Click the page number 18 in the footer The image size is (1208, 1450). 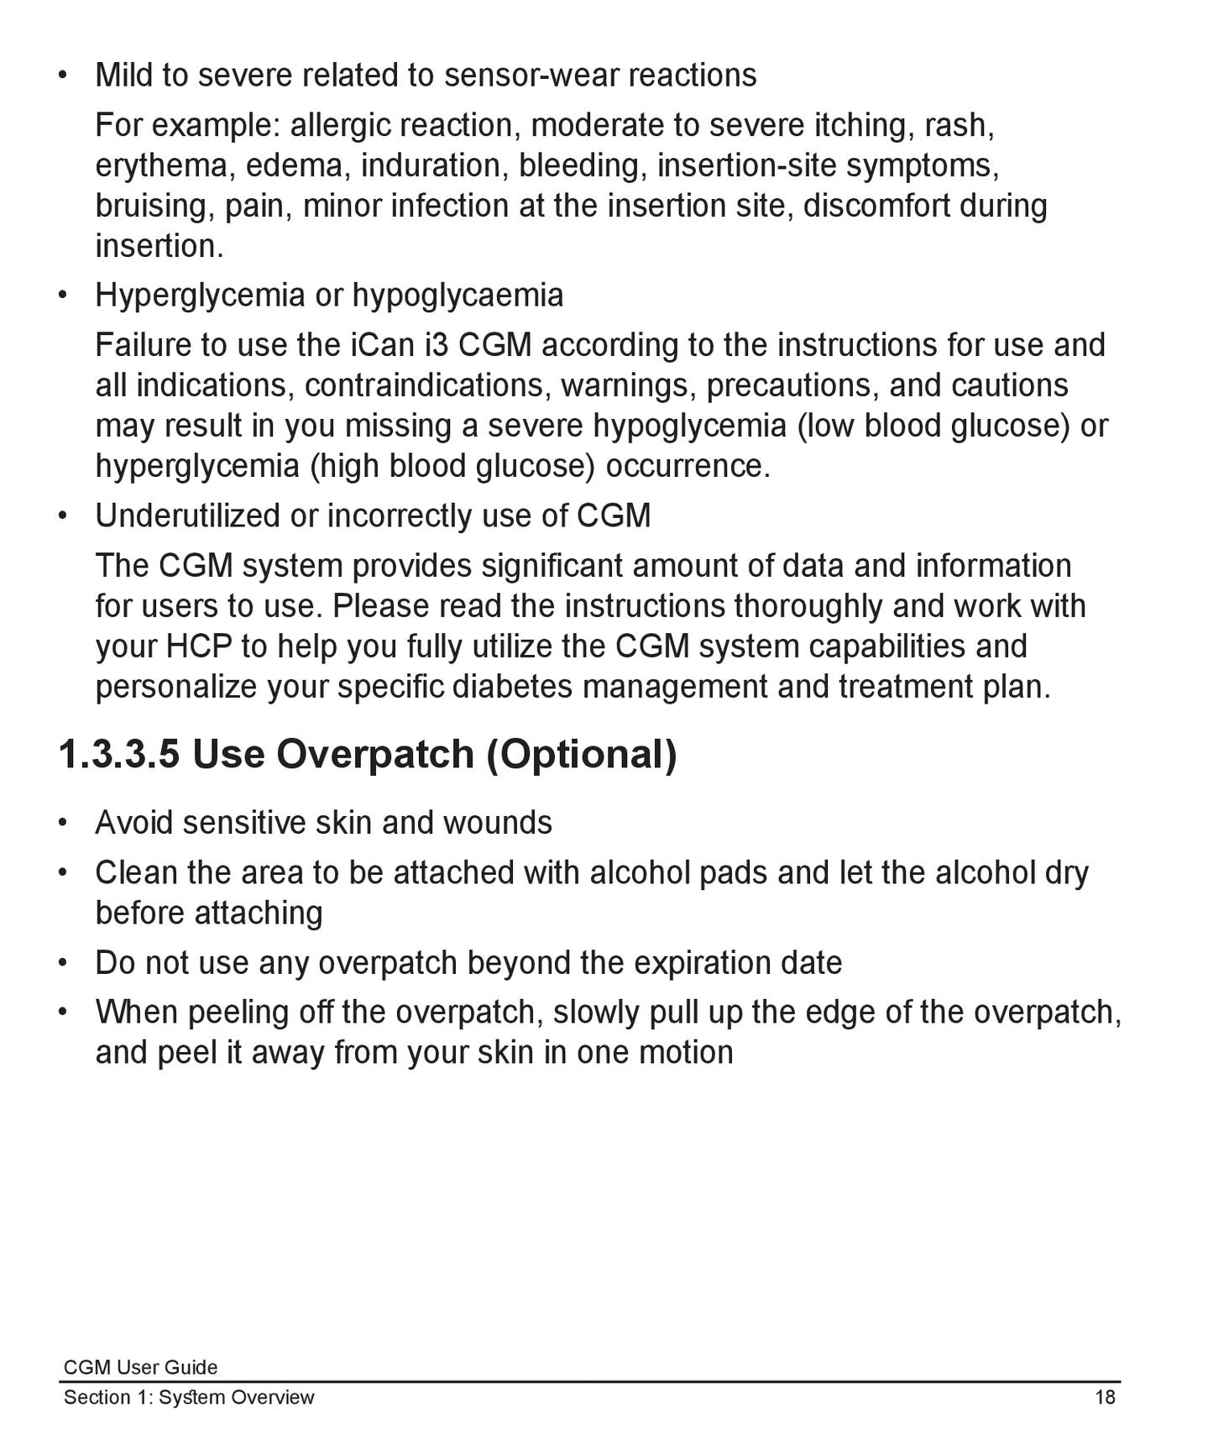click(1105, 1397)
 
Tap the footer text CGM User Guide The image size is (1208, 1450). click(140, 1367)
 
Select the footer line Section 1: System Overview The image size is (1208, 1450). click(189, 1397)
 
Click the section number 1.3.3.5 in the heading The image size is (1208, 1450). click(118, 753)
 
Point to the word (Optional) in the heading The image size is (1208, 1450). click(581, 753)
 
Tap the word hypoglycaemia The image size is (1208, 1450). click(458, 296)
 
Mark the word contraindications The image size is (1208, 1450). click(427, 385)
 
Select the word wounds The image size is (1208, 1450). click(497, 823)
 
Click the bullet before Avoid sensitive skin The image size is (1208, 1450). click(62, 823)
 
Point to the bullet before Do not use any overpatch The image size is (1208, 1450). click(62, 962)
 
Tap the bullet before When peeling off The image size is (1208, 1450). click(62, 1012)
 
